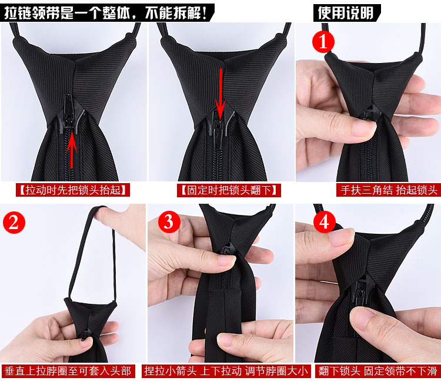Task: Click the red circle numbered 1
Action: [323, 42]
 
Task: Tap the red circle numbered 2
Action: [14, 223]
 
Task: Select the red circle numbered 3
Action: [169, 222]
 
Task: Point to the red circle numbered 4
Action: [324, 222]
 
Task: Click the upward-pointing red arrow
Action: [72, 150]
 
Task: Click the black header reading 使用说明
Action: [346, 13]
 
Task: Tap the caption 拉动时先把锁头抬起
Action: [73, 190]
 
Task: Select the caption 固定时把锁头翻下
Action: [229, 190]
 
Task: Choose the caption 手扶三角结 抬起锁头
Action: [389, 190]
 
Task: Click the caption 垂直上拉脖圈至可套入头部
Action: [68, 371]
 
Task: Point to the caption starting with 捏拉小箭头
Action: [226, 371]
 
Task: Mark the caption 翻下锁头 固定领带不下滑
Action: [377, 371]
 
